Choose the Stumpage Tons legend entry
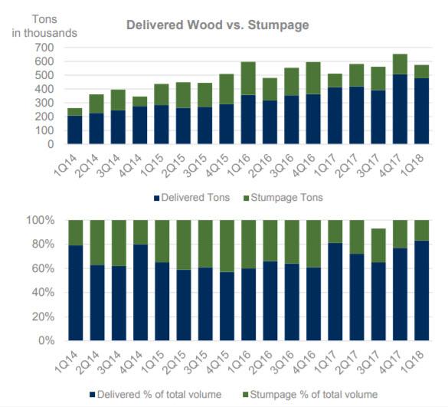[x=283, y=198]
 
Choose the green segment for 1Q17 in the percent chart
[x=334, y=231]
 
